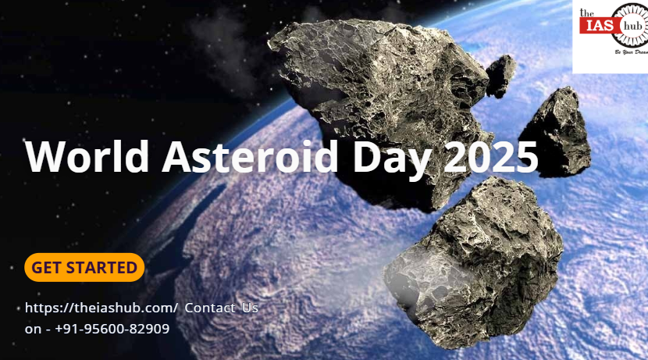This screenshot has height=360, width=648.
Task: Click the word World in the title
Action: point(87,157)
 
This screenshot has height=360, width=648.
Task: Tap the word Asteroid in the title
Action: point(250,157)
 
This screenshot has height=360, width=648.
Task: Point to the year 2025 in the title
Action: point(491,157)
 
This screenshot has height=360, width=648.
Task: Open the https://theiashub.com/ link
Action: point(101,308)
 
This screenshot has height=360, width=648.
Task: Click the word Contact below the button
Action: point(210,308)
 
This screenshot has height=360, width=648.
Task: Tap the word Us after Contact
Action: point(250,308)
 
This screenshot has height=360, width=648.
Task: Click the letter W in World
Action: point(45,157)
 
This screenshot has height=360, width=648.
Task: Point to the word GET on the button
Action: point(46,268)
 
